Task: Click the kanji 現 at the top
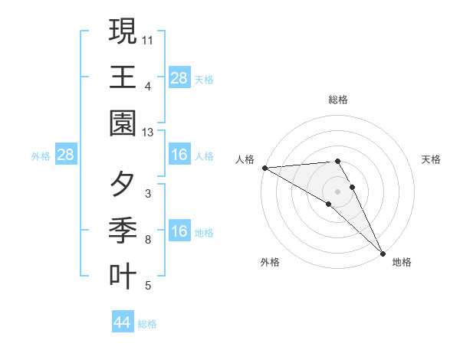[x=123, y=31]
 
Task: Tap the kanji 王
[x=123, y=78]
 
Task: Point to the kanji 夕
[x=123, y=184]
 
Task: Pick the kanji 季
[x=123, y=230]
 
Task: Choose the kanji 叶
[x=123, y=277]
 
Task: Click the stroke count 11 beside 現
[x=148, y=38]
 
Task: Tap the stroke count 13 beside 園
[x=148, y=133]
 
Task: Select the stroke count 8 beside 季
[x=148, y=241]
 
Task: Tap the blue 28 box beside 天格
[x=179, y=78]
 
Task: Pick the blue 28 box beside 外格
[x=66, y=155]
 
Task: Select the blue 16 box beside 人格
[x=179, y=155]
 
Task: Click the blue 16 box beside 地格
[x=179, y=232]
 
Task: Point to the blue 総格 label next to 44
[x=147, y=324]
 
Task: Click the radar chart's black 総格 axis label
[x=337, y=100]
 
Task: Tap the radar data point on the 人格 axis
[x=264, y=168]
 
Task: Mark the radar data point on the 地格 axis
[x=383, y=253]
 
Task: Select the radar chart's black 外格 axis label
[x=270, y=262]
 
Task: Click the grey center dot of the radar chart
[x=337, y=191]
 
